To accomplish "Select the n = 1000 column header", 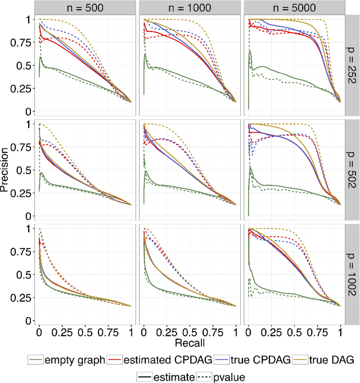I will point(189,7).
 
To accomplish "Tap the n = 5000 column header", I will point(293,7).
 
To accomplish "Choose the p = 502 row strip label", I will point(353,169).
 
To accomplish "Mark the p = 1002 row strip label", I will point(353,273).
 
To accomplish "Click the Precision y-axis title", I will point(6,169).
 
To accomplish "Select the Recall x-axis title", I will point(189,341).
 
